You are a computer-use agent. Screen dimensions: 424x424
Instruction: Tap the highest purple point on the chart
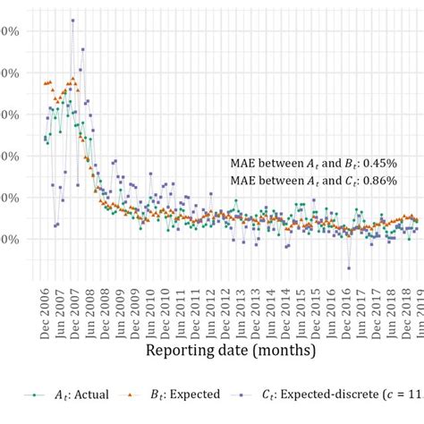coord(72,21)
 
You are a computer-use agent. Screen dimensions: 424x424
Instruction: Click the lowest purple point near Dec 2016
coord(349,268)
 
